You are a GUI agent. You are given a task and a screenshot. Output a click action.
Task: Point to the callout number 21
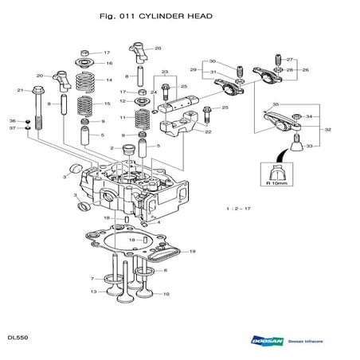[x=20, y=90]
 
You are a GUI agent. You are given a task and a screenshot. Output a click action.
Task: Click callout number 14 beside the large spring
[x=109, y=80]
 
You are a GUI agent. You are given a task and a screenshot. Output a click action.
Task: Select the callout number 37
[x=12, y=127]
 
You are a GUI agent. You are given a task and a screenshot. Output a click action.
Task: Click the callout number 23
[x=164, y=72]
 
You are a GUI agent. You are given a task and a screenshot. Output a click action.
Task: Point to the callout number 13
[x=93, y=292]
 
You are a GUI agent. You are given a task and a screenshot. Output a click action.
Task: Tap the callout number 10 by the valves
[x=166, y=294]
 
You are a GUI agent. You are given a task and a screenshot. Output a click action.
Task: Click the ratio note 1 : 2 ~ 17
[x=240, y=208]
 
